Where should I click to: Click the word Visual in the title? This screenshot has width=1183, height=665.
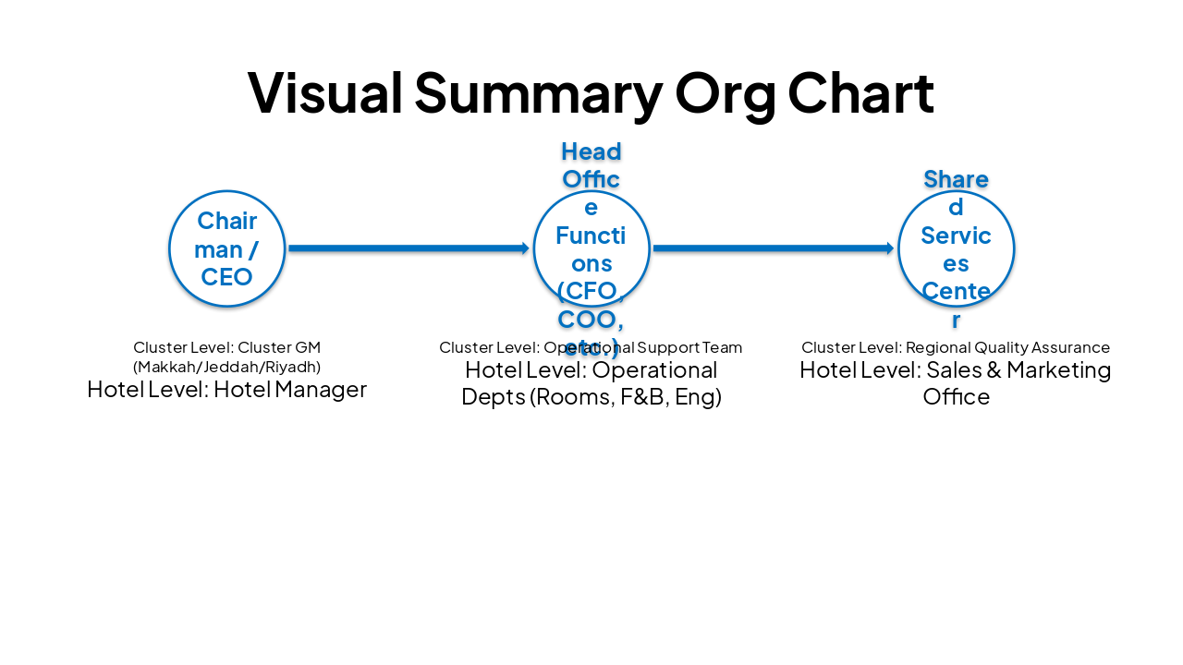pos(325,92)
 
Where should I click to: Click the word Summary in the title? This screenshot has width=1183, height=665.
pos(538,92)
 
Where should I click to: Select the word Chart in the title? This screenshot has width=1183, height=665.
pos(860,92)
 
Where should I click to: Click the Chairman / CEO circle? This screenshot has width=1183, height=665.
pos(226,248)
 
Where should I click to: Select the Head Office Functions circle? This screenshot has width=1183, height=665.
pos(591,248)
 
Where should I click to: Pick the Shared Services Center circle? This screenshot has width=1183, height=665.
pos(956,248)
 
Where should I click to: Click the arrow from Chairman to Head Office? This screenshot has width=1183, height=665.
pos(408,248)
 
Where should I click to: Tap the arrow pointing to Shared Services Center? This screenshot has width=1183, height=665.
pos(773,248)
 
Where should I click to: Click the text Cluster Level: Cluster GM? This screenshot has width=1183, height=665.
pos(226,347)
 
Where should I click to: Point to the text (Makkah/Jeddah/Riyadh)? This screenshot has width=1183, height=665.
pos(226,367)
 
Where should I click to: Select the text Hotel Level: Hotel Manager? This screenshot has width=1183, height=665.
pos(226,390)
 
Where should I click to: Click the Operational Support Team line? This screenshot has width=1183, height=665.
pos(591,347)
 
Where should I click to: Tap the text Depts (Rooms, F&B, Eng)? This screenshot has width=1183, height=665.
pos(591,397)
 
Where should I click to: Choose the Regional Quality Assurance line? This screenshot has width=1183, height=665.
pos(956,347)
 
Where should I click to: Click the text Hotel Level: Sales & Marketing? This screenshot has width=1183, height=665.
pos(956,370)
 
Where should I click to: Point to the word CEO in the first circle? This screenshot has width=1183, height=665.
pos(226,277)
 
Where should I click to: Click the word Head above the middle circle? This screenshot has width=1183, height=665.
pos(591,151)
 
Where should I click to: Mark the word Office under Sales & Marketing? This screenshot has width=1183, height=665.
pos(956,397)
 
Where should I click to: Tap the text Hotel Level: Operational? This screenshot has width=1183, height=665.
pos(591,370)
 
